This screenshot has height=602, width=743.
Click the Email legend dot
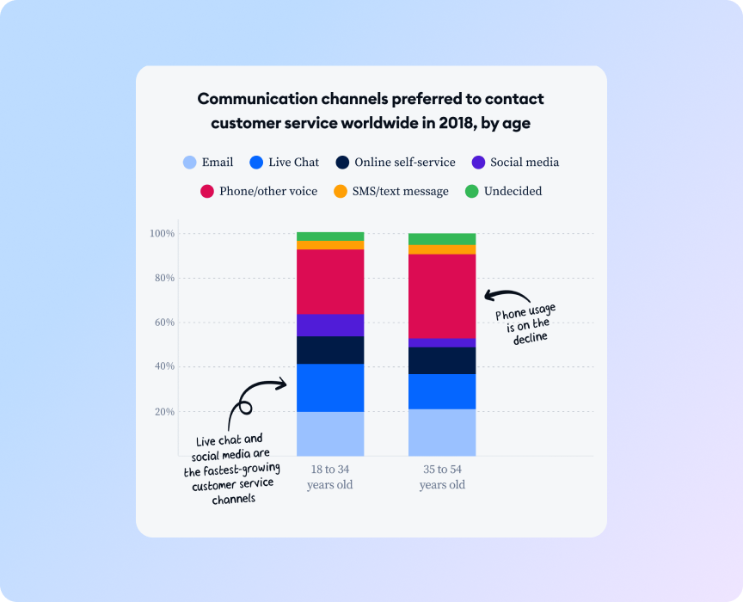190,162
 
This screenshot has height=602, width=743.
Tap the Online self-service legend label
404,162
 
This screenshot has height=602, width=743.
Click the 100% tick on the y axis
162,234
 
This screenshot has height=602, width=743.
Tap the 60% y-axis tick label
163,322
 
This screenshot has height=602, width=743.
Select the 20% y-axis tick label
163,412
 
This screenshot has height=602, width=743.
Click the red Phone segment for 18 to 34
330,281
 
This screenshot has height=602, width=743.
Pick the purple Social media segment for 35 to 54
442,342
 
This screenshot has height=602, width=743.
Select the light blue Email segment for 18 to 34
330,433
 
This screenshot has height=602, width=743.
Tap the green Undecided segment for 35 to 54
442,238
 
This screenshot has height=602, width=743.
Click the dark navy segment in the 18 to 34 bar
330,350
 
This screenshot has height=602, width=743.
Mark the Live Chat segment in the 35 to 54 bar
442,391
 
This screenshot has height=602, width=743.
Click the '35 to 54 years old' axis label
442,477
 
